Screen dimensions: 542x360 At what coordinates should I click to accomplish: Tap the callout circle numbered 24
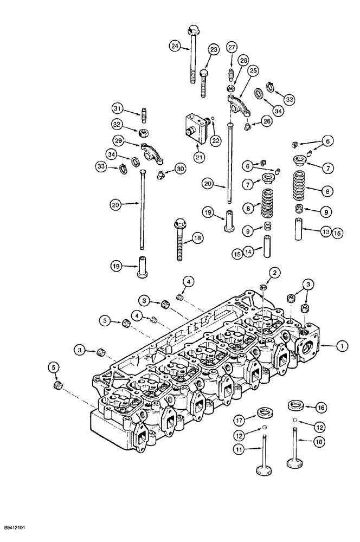pyautogui.click(x=174, y=46)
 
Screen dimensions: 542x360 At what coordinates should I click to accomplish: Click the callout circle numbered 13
pyautogui.click(x=325, y=231)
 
